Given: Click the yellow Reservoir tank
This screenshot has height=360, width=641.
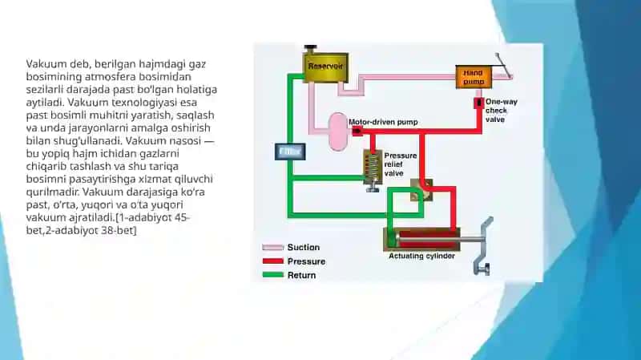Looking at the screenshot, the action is (x=325, y=67).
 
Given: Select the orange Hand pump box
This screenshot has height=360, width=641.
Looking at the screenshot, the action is (x=474, y=76).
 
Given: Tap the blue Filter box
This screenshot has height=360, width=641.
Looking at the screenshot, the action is (x=290, y=152).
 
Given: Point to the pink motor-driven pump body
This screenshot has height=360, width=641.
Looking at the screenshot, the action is (x=338, y=131).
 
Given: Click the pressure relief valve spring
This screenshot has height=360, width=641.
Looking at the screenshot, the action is (x=373, y=166).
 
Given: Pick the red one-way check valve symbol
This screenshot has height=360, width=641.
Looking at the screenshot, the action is (x=478, y=103).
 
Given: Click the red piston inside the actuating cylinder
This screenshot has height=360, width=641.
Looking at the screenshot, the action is (x=428, y=239).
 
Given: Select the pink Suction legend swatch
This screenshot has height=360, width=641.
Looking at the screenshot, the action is (x=272, y=248).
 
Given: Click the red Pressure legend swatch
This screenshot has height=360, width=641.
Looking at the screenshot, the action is (x=272, y=261).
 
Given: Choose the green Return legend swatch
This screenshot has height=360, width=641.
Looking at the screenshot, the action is (x=272, y=275).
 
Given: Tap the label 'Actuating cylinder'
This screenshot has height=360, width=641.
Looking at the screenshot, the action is (x=421, y=256).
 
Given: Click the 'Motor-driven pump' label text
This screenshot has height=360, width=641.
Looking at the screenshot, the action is (x=383, y=122).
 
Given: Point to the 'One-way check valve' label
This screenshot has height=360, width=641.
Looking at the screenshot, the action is (x=502, y=111).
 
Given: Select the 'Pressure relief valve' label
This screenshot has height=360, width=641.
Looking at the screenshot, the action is (x=400, y=164).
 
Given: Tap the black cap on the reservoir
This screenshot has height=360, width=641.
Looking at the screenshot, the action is (x=311, y=48).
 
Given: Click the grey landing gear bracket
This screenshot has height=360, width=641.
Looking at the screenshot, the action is (x=483, y=246).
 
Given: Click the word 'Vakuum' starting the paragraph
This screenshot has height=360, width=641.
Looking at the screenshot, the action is (x=46, y=64).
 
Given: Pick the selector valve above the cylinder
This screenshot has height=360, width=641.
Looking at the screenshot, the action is (x=421, y=190).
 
